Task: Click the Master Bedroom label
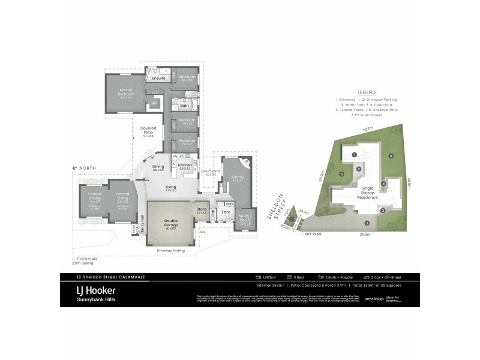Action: (x=127, y=93)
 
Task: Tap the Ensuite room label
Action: (x=158, y=78)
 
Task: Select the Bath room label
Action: (x=185, y=106)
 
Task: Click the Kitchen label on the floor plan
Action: (x=185, y=164)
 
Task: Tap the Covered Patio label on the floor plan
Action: (x=148, y=129)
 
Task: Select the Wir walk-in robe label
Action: (x=154, y=104)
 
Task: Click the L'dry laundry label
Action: (x=227, y=212)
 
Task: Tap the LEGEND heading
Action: (x=367, y=92)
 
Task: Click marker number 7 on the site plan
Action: (x=355, y=155)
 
